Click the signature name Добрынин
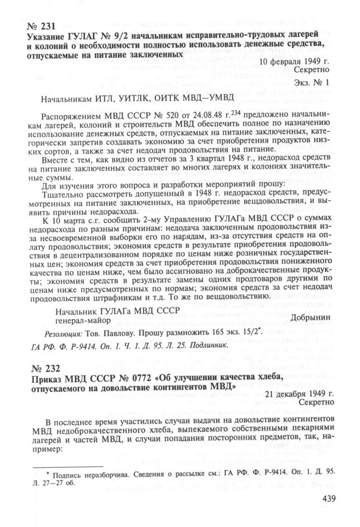308,318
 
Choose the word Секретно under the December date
315,404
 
